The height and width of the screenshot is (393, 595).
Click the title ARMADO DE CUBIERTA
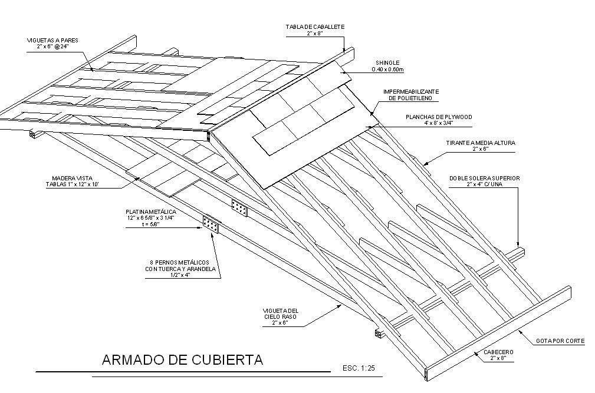click(x=182, y=359)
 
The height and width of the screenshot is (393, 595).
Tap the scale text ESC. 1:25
click(x=359, y=368)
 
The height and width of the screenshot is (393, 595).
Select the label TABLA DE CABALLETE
click(x=315, y=27)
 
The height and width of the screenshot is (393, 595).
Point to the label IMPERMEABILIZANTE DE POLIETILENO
click(x=411, y=95)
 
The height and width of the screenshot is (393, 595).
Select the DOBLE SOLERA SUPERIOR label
click(x=484, y=178)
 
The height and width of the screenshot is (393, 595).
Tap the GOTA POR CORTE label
click(x=560, y=341)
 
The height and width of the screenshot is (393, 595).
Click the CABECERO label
click(x=498, y=352)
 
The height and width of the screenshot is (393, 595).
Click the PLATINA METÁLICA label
click(x=151, y=212)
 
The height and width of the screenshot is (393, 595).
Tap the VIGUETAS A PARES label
click(x=52, y=40)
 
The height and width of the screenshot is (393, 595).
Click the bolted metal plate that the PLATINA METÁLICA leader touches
click(x=211, y=224)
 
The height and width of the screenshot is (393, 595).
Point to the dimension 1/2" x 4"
click(x=180, y=275)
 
